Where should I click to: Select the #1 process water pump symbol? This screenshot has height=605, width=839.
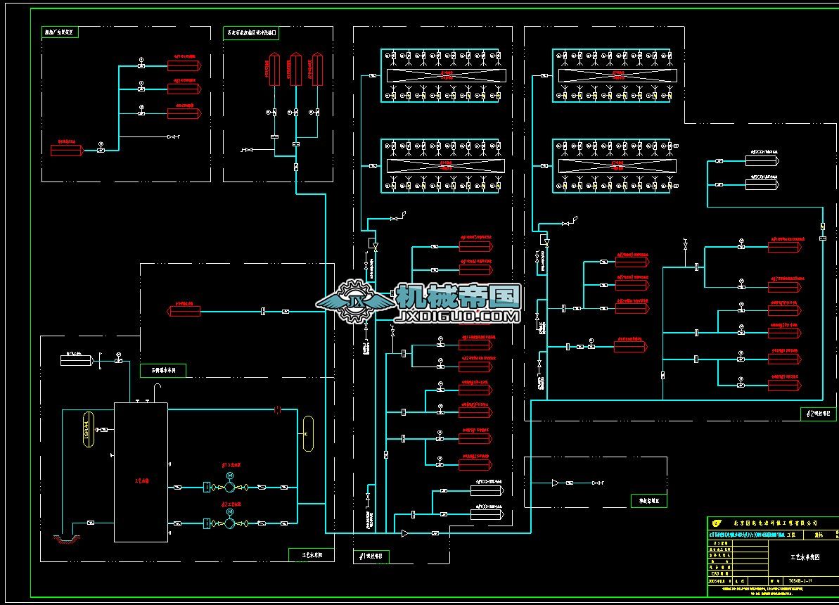pos(230,523)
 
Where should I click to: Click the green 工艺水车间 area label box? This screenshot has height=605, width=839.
pos(311,555)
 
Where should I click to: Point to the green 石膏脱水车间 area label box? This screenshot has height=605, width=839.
pos(163,370)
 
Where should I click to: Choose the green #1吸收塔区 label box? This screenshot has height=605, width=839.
pos(371,556)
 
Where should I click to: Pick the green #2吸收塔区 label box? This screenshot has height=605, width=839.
pos(819,414)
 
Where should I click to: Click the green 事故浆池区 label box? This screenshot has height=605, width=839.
pos(648,501)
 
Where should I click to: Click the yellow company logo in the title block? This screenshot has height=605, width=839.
pos(717,523)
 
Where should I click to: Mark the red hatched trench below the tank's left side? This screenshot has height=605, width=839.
pos(68,540)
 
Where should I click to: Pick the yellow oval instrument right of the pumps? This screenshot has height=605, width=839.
pos(308,434)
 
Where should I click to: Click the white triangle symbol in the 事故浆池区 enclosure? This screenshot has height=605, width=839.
pos(555,483)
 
